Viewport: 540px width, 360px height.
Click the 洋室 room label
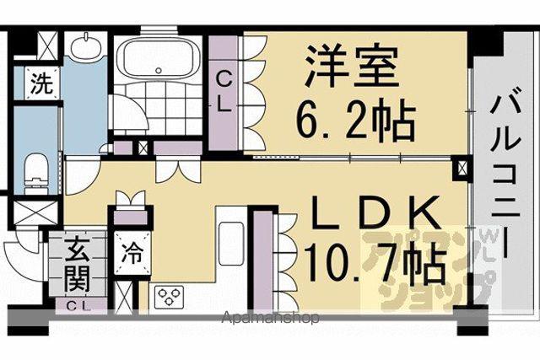point(351,66)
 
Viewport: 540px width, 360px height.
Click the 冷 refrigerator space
point(132,253)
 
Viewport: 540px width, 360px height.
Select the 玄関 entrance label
point(78,264)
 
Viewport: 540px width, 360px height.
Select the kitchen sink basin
point(231,244)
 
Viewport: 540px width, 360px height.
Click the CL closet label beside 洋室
point(223,94)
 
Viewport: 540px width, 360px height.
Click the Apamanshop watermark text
point(270,319)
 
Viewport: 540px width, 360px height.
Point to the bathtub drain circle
point(159,71)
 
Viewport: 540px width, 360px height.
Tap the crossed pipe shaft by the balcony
point(461,169)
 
